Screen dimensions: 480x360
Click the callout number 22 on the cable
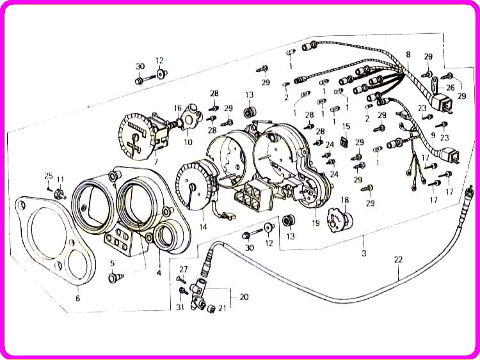pos(398,260)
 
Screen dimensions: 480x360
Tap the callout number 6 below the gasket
pos(77,298)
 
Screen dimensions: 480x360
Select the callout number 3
pos(364,253)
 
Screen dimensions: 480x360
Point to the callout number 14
pos(203,227)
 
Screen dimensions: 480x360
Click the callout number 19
pos(316,223)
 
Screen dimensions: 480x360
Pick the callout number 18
pos(345,200)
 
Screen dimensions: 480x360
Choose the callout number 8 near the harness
pos(408,54)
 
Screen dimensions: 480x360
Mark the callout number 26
pos(451,88)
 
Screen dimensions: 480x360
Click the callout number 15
pos(346,127)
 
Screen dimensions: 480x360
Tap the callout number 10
pos(188,142)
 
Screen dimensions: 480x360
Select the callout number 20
pos(244,297)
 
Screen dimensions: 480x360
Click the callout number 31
pos(180,306)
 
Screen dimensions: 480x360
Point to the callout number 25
pos(49,176)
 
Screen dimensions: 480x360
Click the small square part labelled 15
pos(345,141)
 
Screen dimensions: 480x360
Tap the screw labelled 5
pos(116,278)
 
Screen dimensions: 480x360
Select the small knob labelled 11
pos(60,194)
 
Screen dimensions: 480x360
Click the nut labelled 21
pos(211,309)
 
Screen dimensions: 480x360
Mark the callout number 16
pos(178,108)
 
